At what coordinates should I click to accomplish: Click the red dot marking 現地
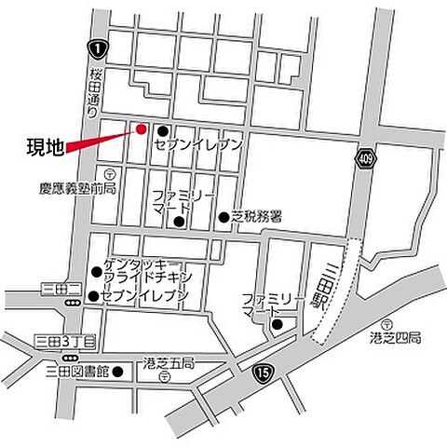pyautogui.click(x=142, y=129)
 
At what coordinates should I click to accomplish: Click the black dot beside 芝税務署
pyautogui.click(x=223, y=217)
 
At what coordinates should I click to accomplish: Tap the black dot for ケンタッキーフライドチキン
pyautogui.click(x=97, y=272)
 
